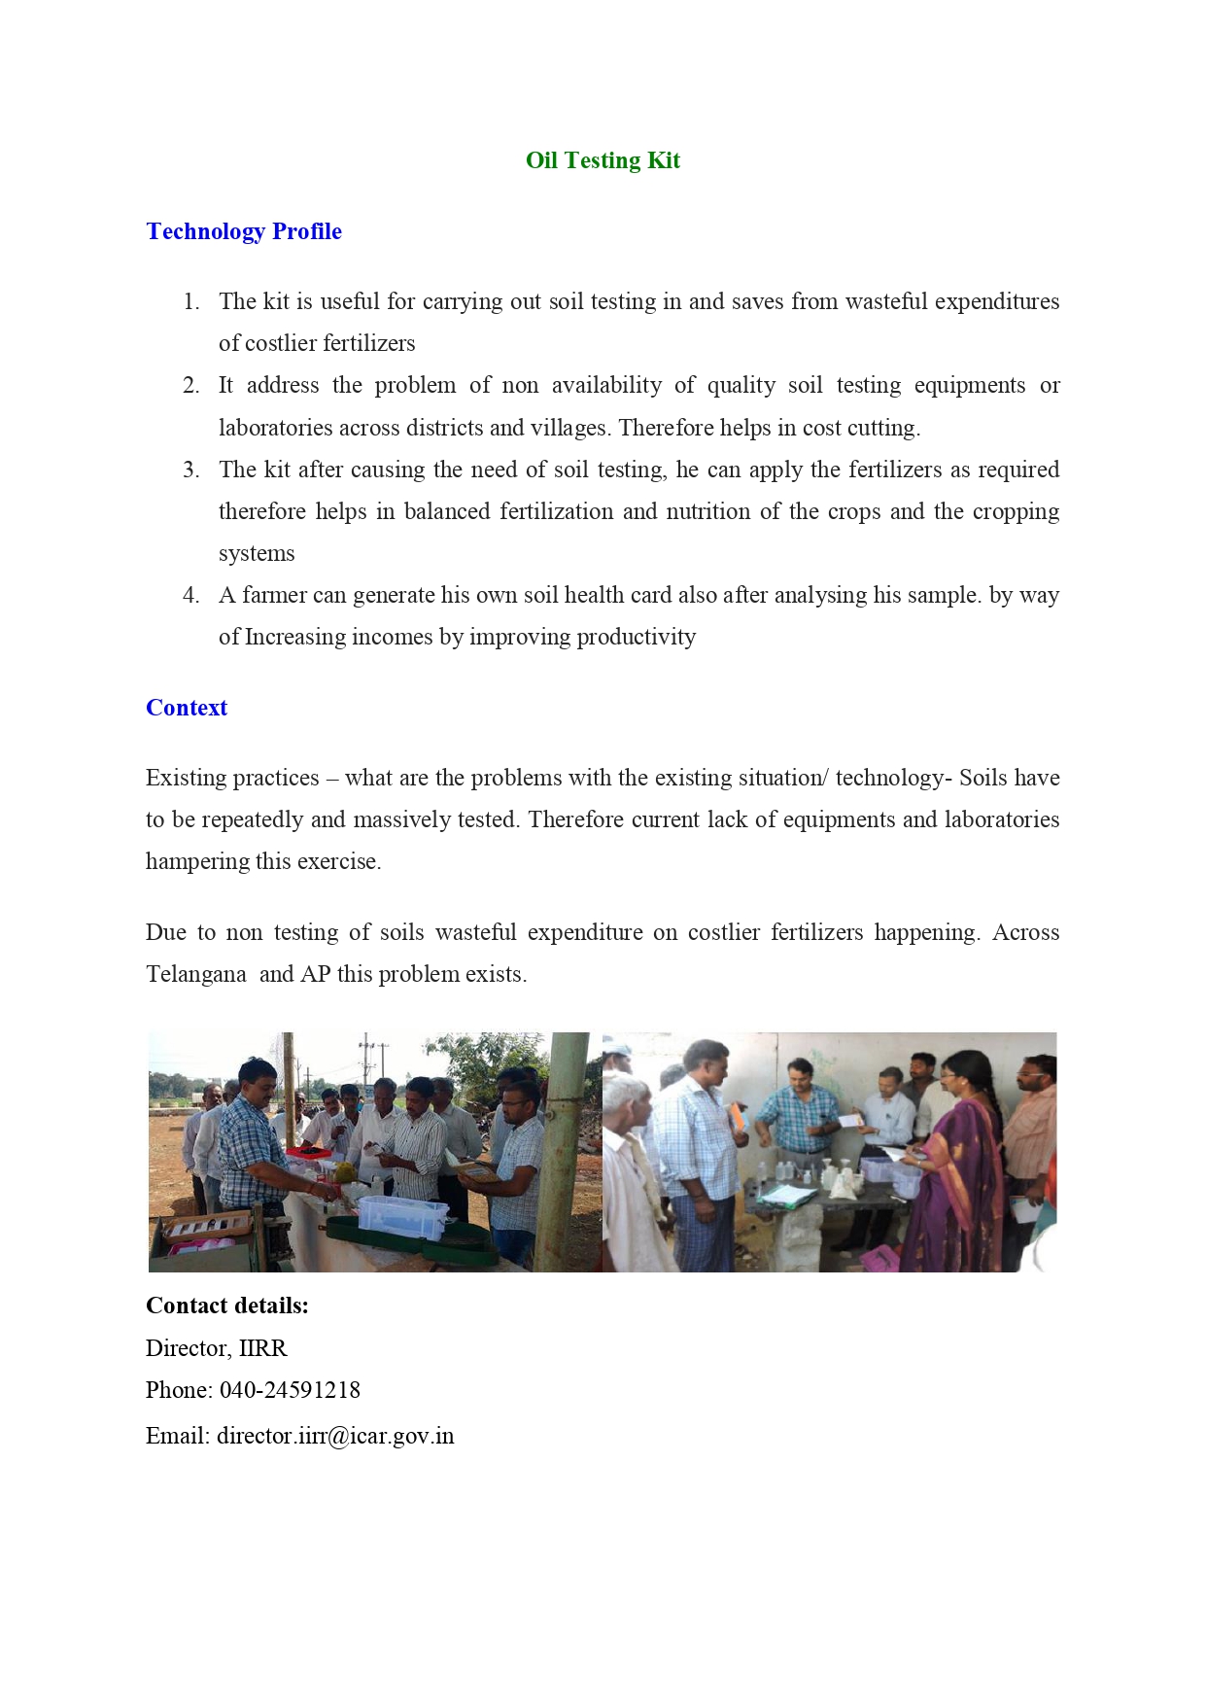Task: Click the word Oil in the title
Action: tap(541, 160)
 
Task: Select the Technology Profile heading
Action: tap(244, 231)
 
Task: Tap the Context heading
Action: tap(187, 708)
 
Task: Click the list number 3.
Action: tap(190, 470)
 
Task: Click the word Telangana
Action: tap(196, 974)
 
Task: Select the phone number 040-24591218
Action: tap(290, 1390)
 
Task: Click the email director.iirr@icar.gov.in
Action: tap(335, 1436)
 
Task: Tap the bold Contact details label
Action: tap(227, 1306)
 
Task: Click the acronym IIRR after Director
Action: tap(263, 1348)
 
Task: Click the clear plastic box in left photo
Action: tap(400, 1215)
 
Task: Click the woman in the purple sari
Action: tap(957, 1166)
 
